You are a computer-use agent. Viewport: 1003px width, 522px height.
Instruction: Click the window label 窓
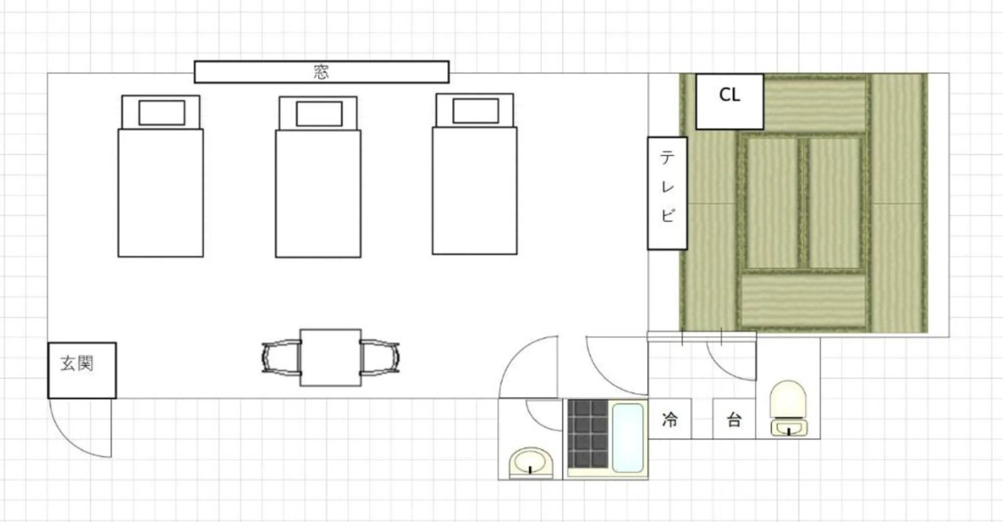(x=321, y=72)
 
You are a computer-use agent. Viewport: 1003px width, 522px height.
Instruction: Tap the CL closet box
(x=729, y=102)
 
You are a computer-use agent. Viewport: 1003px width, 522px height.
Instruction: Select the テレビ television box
(x=667, y=193)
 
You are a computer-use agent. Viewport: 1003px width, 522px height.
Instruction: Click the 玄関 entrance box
(x=82, y=370)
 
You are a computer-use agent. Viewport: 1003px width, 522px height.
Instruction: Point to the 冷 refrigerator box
(x=670, y=419)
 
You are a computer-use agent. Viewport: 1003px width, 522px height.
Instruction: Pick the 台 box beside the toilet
(x=734, y=419)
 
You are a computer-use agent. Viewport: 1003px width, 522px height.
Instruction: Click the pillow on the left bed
(x=162, y=113)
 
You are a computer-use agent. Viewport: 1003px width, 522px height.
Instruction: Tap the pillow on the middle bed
(x=319, y=114)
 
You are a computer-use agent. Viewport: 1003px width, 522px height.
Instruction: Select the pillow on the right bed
(x=475, y=111)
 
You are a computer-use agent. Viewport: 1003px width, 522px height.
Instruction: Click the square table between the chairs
(x=330, y=357)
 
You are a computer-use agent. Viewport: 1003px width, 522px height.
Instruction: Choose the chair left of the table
(x=281, y=357)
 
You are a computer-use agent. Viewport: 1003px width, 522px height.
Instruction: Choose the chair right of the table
(x=380, y=357)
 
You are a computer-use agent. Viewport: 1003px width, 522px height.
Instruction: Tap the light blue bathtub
(x=627, y=437)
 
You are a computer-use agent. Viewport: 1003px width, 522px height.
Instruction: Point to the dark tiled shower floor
(x=588, y=433)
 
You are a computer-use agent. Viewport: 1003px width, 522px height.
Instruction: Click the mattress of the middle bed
(x=318, y=194)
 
